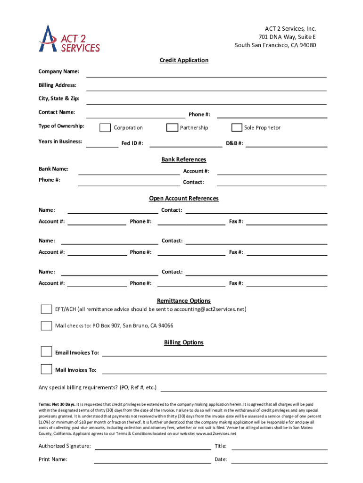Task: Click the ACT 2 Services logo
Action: pyautogui.click(x=69, y=38)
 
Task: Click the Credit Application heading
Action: pyautogui.click(x=184, y=60)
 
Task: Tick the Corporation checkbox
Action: pyautogui.click(x=106, y=128)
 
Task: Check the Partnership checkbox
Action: pyautogui.click(x=172, y=128)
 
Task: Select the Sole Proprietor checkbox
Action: pyautogui.click(x=237, y=128)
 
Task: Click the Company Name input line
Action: pyautogui.click(x=206, y=73)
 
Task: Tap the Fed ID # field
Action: pyautogui.click(x=185, y=143)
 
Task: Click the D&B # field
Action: pyautogui.click(x=286, y=143)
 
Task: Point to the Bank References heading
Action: pyautogui.click(x=184, y=159)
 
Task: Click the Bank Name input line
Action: pyautogui.click(x=129, y=170)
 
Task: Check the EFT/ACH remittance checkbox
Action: pyautogui.click(x=46, y=309)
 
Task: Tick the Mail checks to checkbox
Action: pyautogui.click(x=46, y=326)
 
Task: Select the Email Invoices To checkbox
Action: pyautogui.click(x=46, y=352)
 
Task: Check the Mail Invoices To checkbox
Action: pyautogui.click(x=46, y=369)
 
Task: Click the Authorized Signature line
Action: pyautogui.click(x=152, y=446)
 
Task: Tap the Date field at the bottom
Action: pyautogui.click(x=279, y=459)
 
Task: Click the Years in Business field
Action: pyautogui.click(x=102, y=143)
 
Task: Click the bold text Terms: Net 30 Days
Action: pyautogui.click(x=57, y=404)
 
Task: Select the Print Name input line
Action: pyautogui.click(x=152, y=459)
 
